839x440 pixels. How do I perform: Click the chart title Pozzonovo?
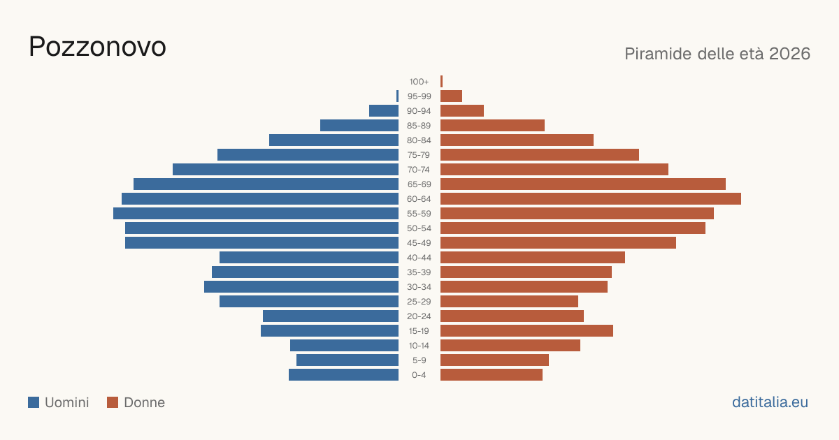click(97, 47)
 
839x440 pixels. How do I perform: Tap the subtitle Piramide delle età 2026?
click(717, 54)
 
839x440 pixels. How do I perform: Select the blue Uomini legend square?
click(34, 402)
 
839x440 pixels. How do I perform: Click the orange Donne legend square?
click(113, 402)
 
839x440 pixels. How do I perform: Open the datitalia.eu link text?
click(770, 402)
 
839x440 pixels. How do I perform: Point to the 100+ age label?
click(419, 82)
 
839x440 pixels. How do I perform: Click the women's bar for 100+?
click(442, 81)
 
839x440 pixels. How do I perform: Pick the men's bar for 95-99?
click(397, 96)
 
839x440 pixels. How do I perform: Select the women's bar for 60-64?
click(591, 198)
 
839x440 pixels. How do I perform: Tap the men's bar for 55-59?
click(256, 213)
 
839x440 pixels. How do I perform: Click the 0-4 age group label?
click(419, 375)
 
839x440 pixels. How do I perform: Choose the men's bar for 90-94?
click(384, 111)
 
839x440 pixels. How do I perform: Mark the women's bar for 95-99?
click(452, 96)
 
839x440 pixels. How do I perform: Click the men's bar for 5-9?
click(347, 360)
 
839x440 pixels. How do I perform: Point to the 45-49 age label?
click(419, 243)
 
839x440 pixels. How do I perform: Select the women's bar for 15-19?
click(526, 331)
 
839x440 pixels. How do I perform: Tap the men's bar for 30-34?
click(301, 286)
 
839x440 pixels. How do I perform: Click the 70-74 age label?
click(419, 170)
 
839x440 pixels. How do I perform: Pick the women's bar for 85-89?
click(492, 125)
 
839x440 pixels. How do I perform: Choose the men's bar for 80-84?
click(334, 140)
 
